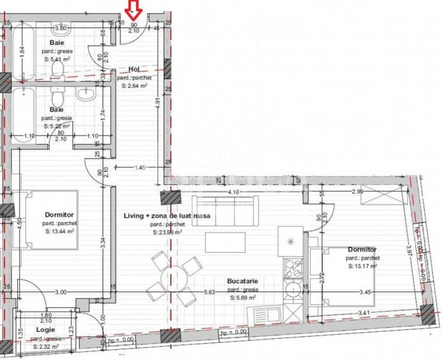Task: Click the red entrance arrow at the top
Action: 134,9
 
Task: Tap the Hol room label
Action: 134,69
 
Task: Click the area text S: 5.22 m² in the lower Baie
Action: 56,127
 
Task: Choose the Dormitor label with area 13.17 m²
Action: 361,249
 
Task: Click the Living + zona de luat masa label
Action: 168,217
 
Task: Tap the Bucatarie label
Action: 243,281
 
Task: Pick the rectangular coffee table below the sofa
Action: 225,242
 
